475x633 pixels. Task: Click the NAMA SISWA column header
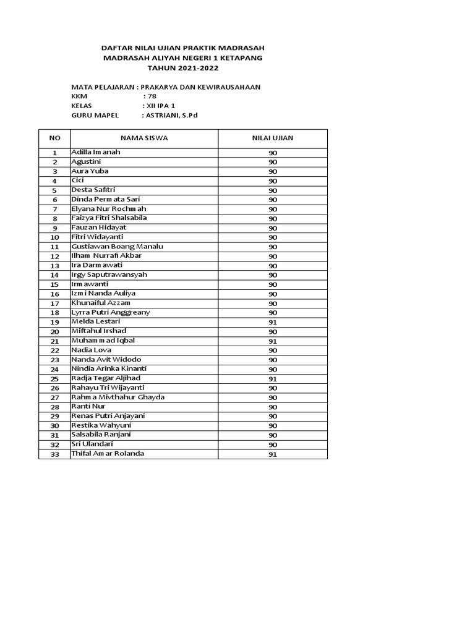[143, 138]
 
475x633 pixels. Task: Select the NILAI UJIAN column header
[273, 138]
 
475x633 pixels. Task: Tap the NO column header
[54, 138]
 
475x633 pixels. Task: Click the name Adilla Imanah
[96, 152]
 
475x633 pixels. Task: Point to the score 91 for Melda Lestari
[273, 322]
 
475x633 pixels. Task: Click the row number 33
[54, 454]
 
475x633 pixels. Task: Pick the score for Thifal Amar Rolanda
[273, 454]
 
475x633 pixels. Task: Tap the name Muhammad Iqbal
[103, 341]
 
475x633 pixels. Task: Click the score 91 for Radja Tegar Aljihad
[273, 379]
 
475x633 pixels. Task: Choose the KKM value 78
[150, 96]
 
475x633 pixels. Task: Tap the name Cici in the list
[77, 181]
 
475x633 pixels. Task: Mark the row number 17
[54, 304]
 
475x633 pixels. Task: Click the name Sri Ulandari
[92, 444]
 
